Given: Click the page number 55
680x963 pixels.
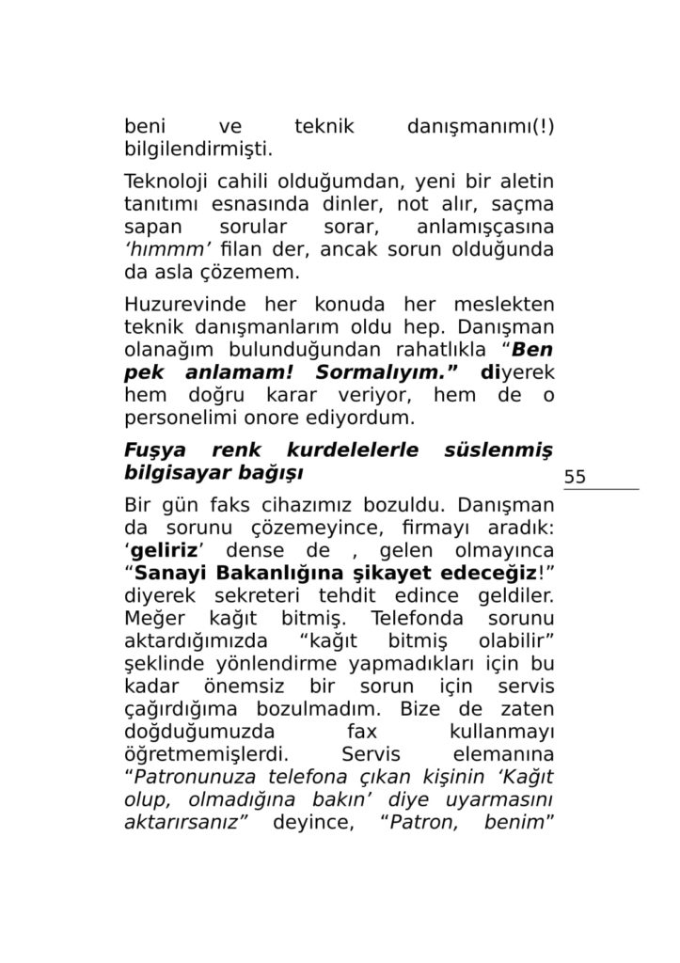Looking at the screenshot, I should tap(575, 477).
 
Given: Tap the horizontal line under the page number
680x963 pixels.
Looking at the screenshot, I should tap(601, 489).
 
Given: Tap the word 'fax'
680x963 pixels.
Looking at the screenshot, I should tap(362, 731).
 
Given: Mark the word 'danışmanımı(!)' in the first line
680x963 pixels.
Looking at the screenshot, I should tap(480, 126).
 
